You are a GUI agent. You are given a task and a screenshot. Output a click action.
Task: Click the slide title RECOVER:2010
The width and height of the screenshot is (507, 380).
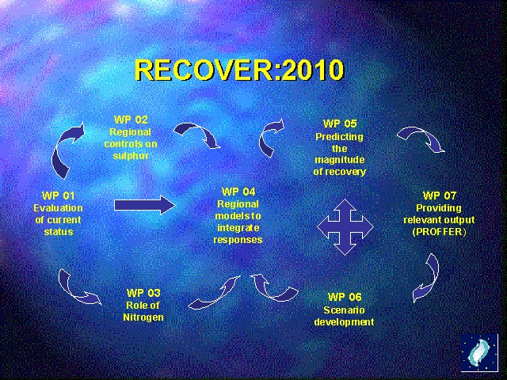point(239,70)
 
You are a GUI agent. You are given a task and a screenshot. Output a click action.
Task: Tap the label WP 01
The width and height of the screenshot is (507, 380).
point(59,196)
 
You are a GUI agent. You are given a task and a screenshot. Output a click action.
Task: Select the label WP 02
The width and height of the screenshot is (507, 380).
point(130,120)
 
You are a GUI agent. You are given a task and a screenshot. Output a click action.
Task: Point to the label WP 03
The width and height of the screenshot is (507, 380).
point(143,293)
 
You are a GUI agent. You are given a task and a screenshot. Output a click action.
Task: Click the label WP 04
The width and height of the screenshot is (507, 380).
point(238,192)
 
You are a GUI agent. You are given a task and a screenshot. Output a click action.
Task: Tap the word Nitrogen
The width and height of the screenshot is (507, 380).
point(143,317)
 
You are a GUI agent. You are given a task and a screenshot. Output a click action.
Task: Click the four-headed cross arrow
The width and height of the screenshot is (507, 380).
point(345,227)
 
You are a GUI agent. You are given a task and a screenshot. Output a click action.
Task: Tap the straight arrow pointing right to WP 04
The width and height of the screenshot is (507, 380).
point(143,206)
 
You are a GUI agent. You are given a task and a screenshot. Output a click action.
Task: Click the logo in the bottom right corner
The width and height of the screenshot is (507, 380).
point(479,353)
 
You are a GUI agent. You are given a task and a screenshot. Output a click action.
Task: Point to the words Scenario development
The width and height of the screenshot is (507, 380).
point(344,316)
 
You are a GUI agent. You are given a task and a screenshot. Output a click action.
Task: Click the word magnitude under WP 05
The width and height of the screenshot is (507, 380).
point(340,160)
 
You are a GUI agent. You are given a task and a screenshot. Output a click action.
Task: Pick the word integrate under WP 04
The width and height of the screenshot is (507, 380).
point(238,228)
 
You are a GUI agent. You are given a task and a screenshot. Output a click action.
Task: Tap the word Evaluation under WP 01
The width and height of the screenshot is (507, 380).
point(59,208)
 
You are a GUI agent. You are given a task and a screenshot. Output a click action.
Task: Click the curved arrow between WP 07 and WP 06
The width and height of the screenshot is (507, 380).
point(428,277)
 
